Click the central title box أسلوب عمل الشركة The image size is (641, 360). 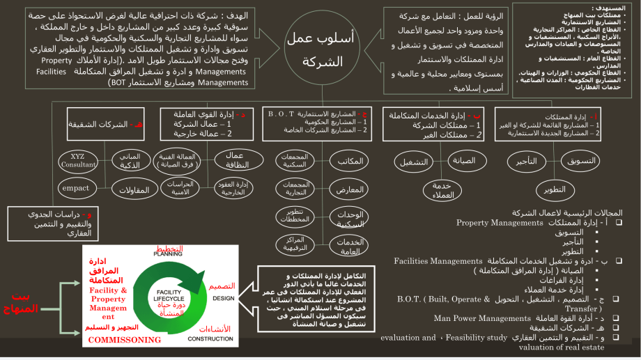[322, 52]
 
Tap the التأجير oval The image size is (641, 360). [527, 162]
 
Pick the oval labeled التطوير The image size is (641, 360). [555, 189]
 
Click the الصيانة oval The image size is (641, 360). [471, 161]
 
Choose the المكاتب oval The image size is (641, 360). [350, 162]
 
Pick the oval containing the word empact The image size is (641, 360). [76, 188]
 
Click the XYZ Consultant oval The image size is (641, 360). [77, 161]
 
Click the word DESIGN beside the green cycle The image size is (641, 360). [223, 298]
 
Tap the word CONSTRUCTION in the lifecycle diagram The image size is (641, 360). [210, 338]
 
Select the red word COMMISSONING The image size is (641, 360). [125, 340]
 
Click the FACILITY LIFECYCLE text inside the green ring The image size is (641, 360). [169, 296]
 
